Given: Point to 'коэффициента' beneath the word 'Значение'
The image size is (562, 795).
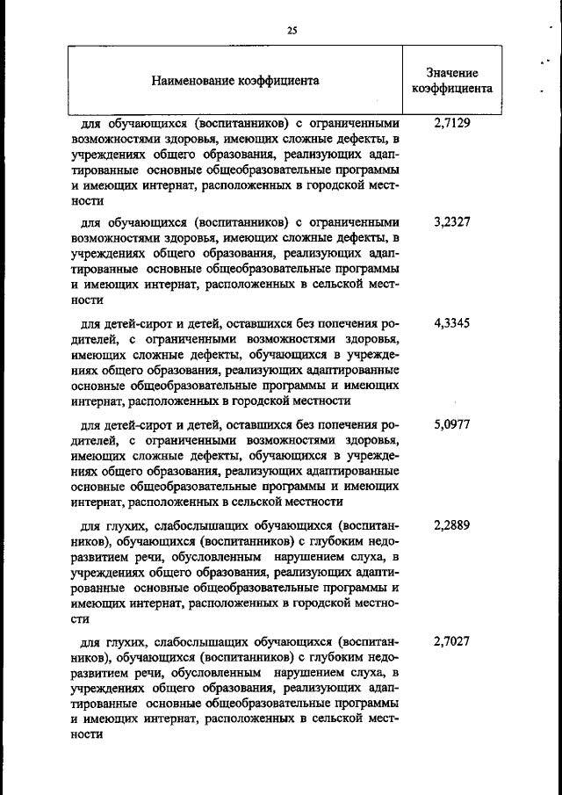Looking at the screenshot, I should [452, 89].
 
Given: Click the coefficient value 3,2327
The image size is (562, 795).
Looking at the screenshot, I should [452, 222].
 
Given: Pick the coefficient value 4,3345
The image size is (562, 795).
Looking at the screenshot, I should [452, 322].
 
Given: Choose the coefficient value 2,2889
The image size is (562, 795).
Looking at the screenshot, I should [452, 525].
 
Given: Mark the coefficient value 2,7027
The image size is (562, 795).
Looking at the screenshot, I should [452, 642].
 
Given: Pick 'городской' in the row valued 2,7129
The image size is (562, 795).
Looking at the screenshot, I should [322, 186].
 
